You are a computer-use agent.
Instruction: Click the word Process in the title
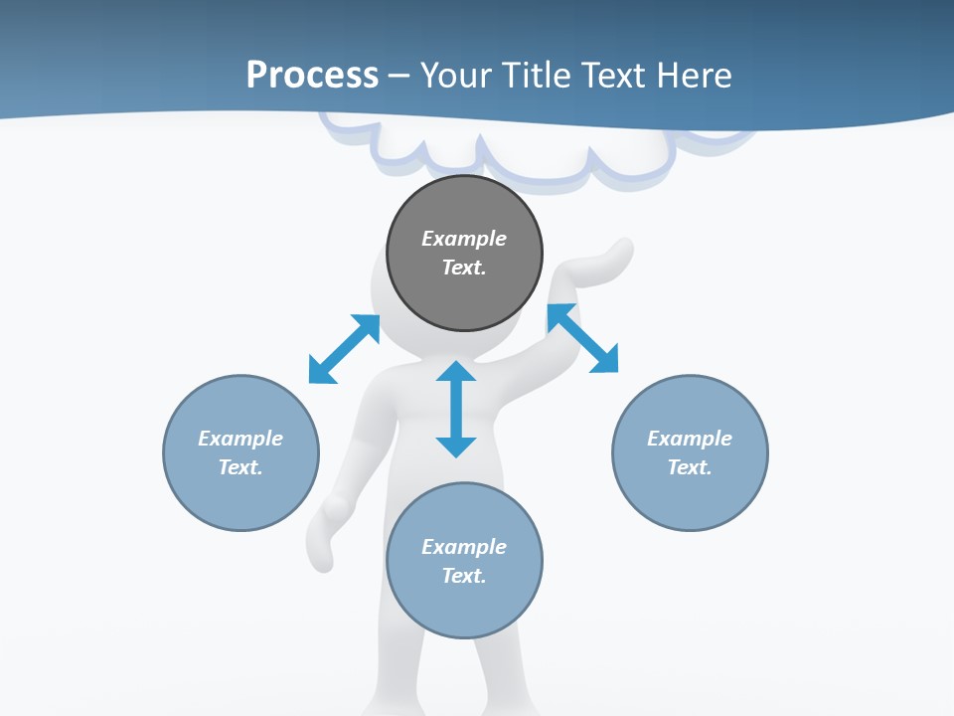click(x=312, y=76)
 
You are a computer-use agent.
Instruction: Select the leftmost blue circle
click(x=240, y=497)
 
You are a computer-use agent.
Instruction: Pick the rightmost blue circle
click(x=690, y=497)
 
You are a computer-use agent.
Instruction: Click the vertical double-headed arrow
click(x=456, y=409)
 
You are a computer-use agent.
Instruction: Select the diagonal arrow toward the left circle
click(x=344, y=349)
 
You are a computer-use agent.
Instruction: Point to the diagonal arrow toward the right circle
click(x=583, y=338)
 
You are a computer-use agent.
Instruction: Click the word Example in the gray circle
click(x=464, y=239)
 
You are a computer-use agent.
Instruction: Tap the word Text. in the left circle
click(x=240, y=467)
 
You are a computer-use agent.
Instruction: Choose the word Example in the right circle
click(x=690, y=439)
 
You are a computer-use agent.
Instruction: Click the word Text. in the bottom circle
click(x=464, y=576)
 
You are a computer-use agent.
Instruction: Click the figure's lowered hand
click(x=323, y=537)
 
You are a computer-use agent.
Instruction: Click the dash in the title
click(x=399, y=76)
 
